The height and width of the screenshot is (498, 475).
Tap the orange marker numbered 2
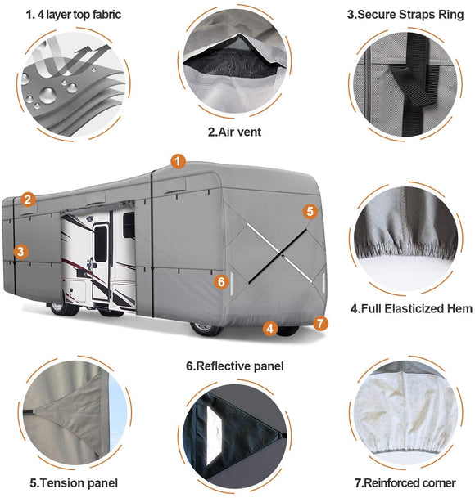[x=28, y=199]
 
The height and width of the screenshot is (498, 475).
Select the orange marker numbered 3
[x=20, y=252]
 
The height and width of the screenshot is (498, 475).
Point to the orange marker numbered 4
[x=269, y=329]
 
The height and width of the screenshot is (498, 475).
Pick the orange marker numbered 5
[x=309, y=211]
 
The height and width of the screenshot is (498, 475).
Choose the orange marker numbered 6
[x=220, y=282]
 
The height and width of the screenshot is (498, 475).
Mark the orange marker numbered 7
[x=320, y=323]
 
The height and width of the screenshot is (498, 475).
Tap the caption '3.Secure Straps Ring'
[x=407, y=14]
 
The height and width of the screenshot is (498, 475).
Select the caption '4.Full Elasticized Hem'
[x=410, y=309]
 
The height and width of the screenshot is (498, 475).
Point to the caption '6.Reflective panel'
[x=234, y=366]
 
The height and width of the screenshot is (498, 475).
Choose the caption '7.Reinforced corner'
[x=407, y=482]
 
